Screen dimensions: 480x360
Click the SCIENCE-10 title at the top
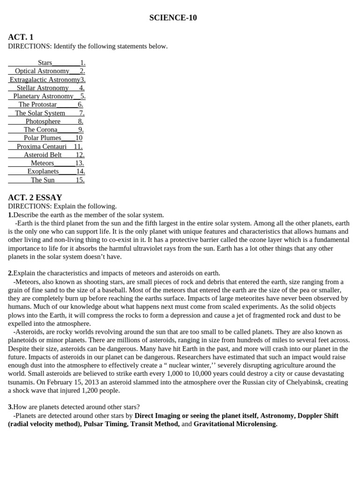click(173, 18)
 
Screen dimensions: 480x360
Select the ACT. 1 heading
click(21, 37)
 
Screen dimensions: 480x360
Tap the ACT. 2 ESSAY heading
click(35, 197)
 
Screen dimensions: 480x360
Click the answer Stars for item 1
click(45, 63)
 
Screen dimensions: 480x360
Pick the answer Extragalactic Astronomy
click(45, 80)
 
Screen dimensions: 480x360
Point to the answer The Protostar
click(37, 105)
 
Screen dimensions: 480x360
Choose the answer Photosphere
click(43, 121)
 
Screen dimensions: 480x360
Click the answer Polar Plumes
click(42, 138)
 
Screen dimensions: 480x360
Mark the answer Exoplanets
click(43, 172)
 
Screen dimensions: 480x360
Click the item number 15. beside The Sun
click(80, 180)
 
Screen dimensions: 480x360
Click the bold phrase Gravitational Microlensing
click(235, 424)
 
